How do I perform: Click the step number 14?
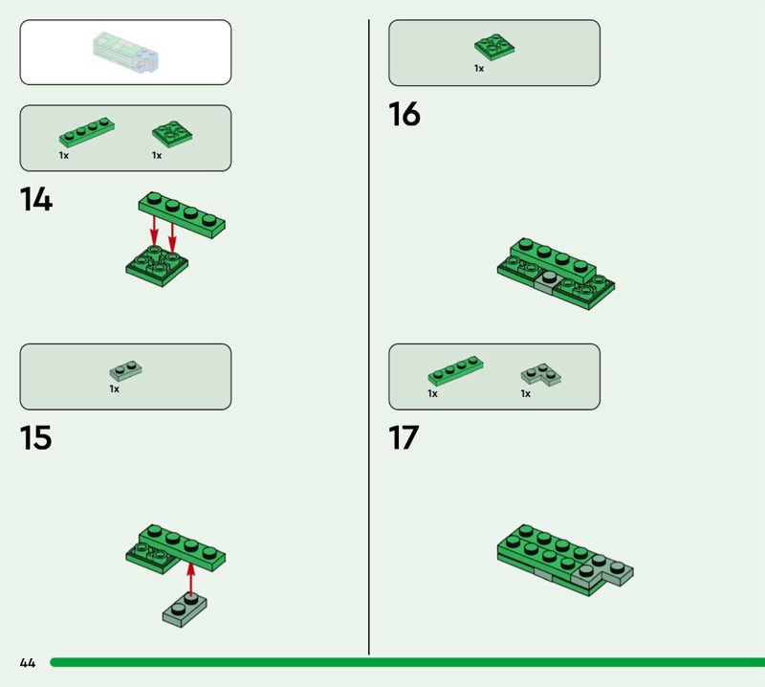point(36,199)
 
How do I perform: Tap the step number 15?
point(35,437)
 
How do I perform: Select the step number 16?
point(404,114)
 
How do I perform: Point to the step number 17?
point(404,437)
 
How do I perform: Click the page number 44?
point(28,662)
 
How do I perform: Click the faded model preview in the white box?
point(126,53)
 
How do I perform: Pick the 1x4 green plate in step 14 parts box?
point(87,132)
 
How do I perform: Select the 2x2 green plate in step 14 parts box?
point(172,134)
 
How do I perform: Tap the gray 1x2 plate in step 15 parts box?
point(125,371)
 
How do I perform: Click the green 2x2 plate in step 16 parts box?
point(494,47)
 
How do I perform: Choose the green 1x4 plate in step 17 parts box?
point(456,370)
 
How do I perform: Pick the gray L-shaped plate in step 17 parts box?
point(541,375)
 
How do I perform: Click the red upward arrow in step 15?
point(190,580)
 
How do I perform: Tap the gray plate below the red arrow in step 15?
point(185,609)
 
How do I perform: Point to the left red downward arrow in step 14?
point(154,231)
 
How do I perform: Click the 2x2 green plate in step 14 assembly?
point(157,266)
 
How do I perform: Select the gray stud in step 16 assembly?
point(549,277)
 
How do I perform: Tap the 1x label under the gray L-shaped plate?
point(525,393)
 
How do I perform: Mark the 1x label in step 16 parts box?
point(479,68)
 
